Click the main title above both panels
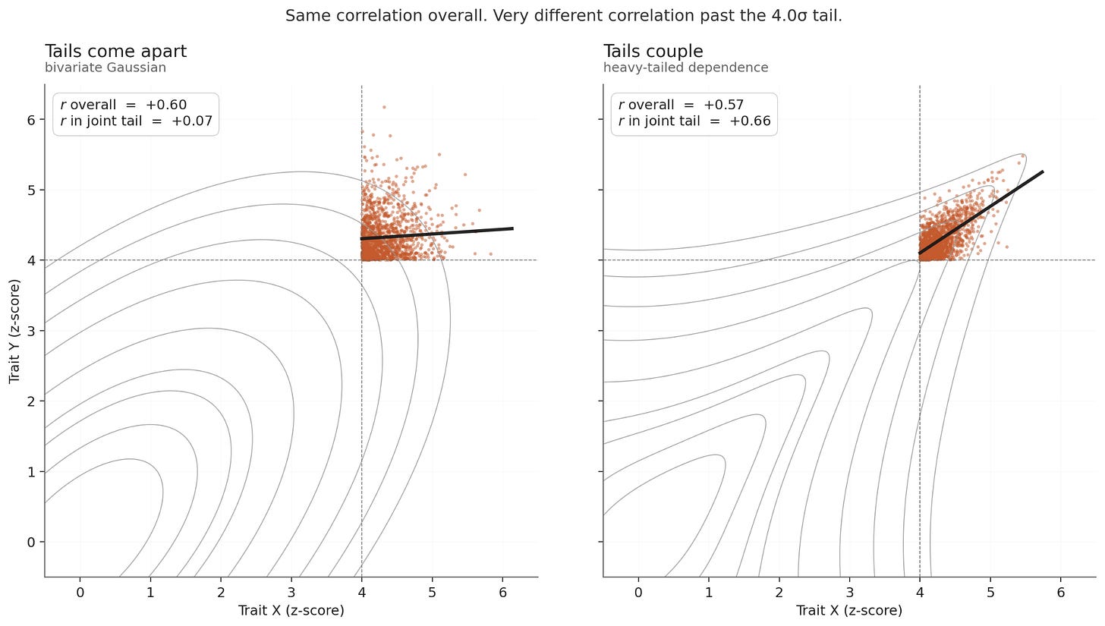pyautogui.click(x=563, y=16)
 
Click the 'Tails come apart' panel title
pyautogui.click(x=116, y=52)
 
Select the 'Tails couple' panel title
pyautogui.click(x=653, y=52)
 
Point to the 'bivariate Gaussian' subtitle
pyautogui.click(x=105, y=67)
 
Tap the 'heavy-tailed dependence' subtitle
pyautogui.click(x=686, y=67)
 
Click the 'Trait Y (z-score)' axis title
pyautogui.click(x=14, y=331)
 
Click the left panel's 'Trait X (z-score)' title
pyautogui.click(x=291, y=610)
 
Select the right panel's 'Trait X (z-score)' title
pyautogui.click(x=849, y=610)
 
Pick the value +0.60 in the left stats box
pyautogui.click(x=166, y=105)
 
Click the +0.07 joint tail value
pyautogui.click(x=192, y=121)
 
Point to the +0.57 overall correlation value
pyautogui.click(x=724, y=105)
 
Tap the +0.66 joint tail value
pyautogui.click(x=750, y=121)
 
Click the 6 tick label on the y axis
pyautogui.click(x=32, y=120)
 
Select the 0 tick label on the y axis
pyautogui.click(x=32, y=543)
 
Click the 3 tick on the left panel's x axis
pyautogui.click(x=291, y=593)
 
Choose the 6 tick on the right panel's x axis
pyautogui.click(x=1061, y=593)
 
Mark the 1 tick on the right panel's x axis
pyautogui.click(x=709, y=593)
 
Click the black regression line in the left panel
pyautogui.click(x=437, y=234)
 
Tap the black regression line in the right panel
pyautogui.click(x=981, y=212)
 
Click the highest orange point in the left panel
pyautogui.click(x=384, y=107)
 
